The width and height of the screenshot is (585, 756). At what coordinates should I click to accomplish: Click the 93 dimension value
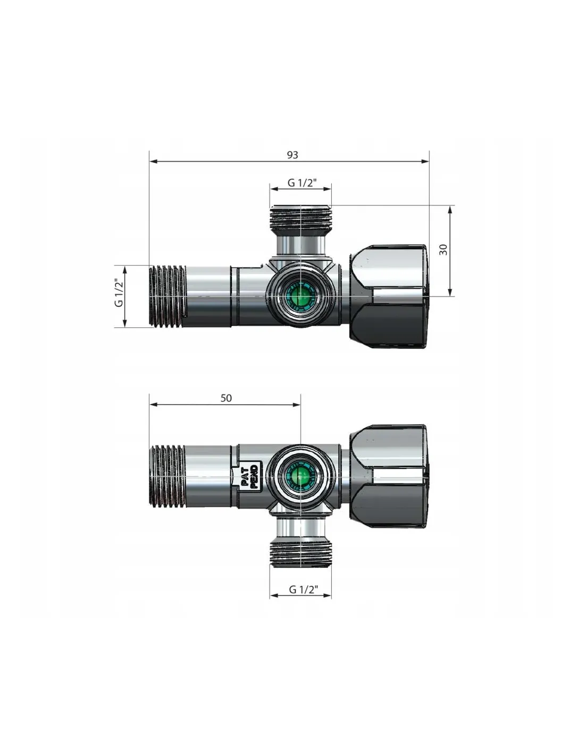pos(292,155)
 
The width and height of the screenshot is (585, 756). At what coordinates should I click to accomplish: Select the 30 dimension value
pos(443,249)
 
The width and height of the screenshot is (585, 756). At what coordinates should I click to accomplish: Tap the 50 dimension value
pos(226,398)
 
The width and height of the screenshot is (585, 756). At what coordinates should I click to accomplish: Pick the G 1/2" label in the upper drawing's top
pos(302,183)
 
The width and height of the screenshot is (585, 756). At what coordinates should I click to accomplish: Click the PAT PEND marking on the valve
pos(250,477)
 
